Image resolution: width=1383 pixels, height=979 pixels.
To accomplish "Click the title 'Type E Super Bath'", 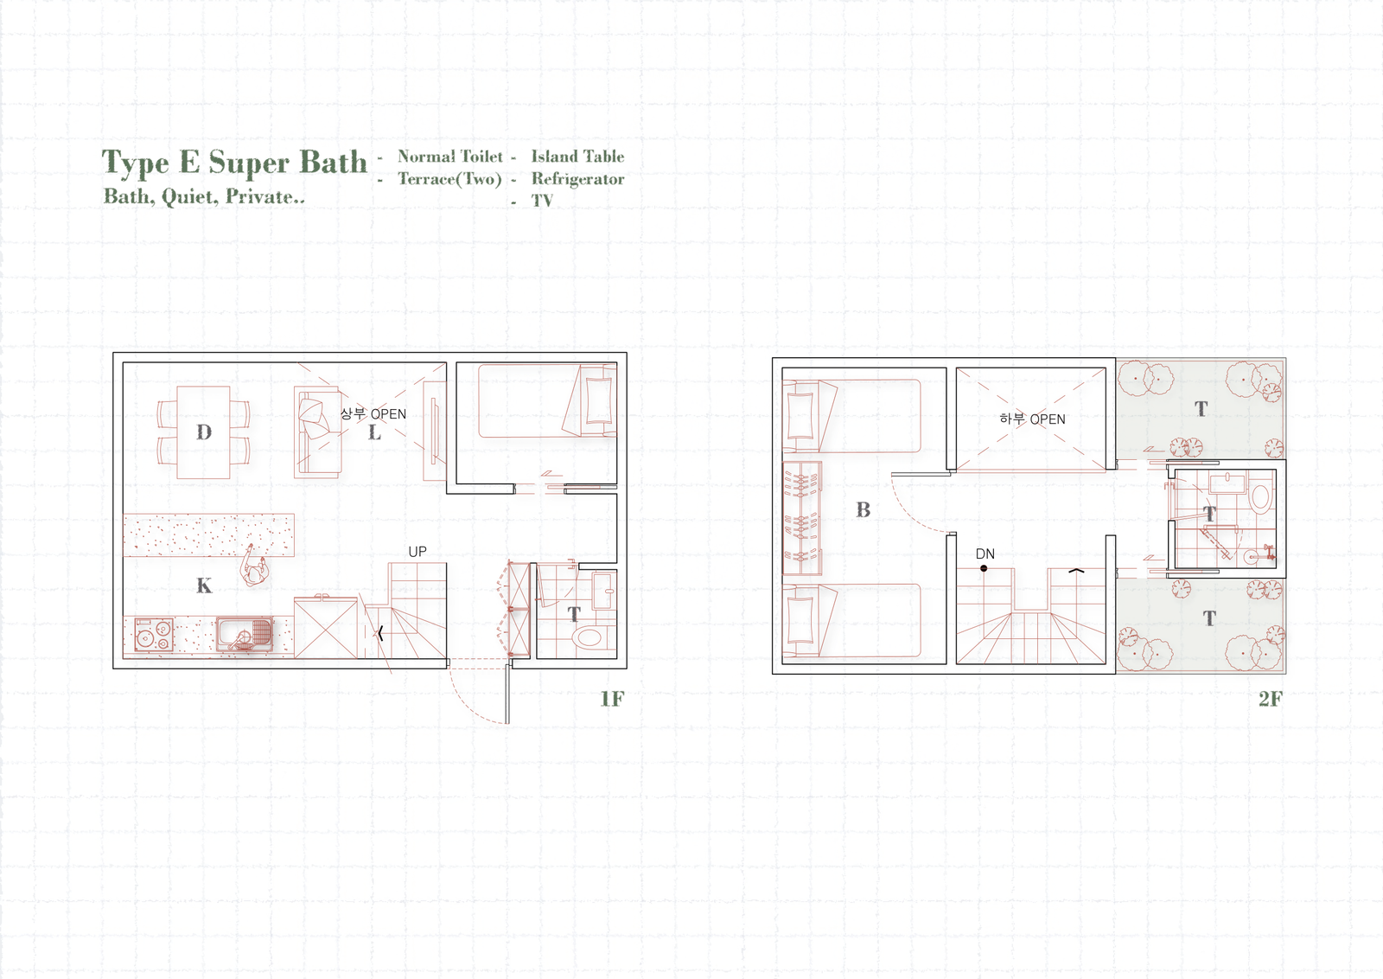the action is (234, 163).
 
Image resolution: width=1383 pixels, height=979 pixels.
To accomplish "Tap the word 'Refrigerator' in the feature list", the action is (577, 179).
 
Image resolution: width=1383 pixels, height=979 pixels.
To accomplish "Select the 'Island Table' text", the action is (577, 157).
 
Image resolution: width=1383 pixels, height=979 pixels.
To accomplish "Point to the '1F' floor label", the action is (612, 699).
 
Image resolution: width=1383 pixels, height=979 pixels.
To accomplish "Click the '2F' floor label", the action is (1271, 699).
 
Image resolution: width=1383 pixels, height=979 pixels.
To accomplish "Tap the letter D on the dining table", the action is (204, 432).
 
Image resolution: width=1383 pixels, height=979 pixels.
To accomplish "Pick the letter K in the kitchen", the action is (204, 585).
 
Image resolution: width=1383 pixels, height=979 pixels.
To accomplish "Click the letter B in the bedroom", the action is (864, 509).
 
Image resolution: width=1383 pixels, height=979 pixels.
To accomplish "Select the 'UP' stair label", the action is (417, 552).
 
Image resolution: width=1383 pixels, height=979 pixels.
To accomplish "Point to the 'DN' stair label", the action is (985, 554).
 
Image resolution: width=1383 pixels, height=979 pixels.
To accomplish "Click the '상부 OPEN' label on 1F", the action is (373, 414).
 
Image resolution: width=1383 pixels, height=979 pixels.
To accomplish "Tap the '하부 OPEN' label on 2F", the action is (1032, 419).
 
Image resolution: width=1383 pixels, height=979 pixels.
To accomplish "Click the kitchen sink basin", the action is (245, 634).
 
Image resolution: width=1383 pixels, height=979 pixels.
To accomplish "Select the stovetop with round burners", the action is (154, 634).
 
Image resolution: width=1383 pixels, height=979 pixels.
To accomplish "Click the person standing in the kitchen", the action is (254, 565).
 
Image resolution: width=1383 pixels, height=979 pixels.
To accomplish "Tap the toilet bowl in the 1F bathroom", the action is (589, 637).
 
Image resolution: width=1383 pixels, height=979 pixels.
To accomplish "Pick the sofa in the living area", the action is (317, 432).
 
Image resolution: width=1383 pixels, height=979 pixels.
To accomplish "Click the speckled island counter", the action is (208, 534).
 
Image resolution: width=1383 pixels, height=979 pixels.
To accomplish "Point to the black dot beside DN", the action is (984, 568).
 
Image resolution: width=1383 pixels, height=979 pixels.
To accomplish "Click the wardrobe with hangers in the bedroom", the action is (803, 519).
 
